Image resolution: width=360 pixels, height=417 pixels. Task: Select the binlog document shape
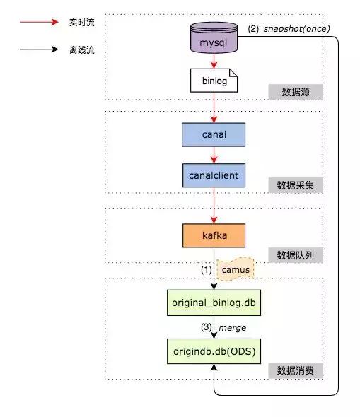point(214,82)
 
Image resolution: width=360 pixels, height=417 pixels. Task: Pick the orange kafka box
point(214,235)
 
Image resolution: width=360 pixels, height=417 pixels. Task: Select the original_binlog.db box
point(214,302)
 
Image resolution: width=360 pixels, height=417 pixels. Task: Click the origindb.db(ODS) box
point(214,351)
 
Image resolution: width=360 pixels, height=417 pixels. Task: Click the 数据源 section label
point(296,92)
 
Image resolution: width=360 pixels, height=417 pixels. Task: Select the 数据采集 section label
point(296,186)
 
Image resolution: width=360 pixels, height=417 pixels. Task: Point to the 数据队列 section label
point(296,255)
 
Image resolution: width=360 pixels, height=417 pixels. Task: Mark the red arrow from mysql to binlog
point(214,62)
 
